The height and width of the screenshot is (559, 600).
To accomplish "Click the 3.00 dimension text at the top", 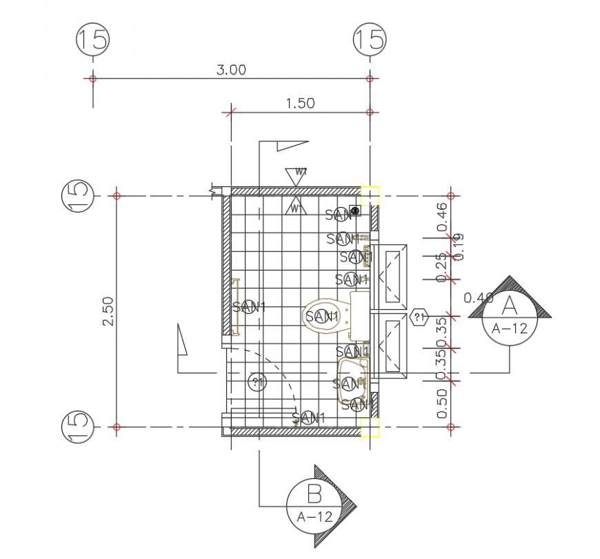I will coord(231,70).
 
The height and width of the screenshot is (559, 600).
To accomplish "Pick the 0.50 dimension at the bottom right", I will coord(442,403).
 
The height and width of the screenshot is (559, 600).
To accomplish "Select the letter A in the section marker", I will coord(510,304).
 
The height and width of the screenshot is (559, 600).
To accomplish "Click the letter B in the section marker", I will coord(314,494).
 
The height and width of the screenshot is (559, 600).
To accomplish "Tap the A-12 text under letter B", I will coord(314,516).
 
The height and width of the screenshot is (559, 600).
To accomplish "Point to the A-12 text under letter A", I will coord(510,328).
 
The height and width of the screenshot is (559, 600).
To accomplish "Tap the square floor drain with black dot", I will coord(355,211).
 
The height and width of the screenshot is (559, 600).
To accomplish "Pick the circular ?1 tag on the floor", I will coord(257,382).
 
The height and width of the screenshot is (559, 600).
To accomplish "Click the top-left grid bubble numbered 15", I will coord(92,39).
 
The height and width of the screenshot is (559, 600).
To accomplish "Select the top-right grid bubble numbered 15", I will coord(370,39).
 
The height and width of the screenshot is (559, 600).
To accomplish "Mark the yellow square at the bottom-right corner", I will coord(370,426).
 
